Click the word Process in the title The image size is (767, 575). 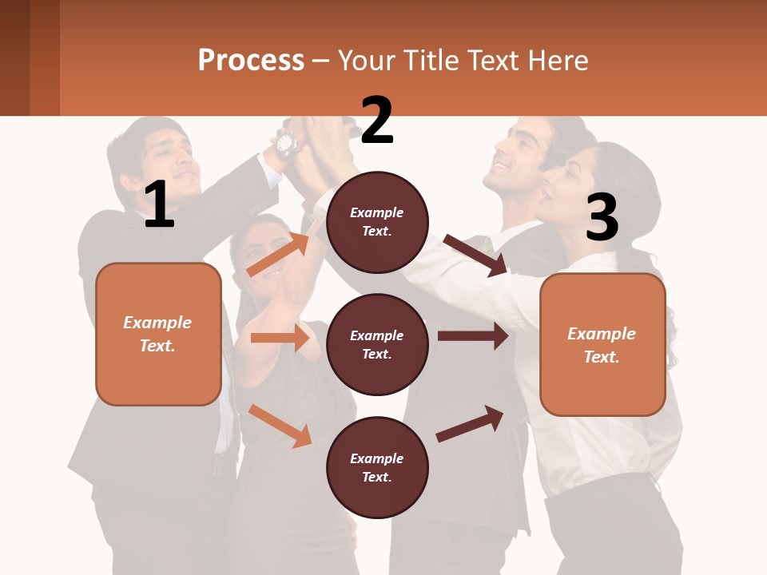coord(251,61)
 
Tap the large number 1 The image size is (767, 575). coord(159,204)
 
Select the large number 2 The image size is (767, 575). coord(377,120)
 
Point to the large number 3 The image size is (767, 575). coord(602,217)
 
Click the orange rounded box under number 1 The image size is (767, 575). coord(158,334)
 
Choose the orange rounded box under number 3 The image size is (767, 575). coord(602,344)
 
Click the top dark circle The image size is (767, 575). coord(377,221)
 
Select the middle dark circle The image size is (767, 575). coord(377,344)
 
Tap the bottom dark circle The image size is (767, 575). coord(377,467)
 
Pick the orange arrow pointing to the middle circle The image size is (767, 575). coord(280,338)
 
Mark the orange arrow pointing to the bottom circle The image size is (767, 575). coord(280,426)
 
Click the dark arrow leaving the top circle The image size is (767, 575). coord(475,255)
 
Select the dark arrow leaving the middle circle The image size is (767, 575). coord(473,336)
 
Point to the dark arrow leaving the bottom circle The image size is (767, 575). coord(470,423)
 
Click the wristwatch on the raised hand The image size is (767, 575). coord(285,143)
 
